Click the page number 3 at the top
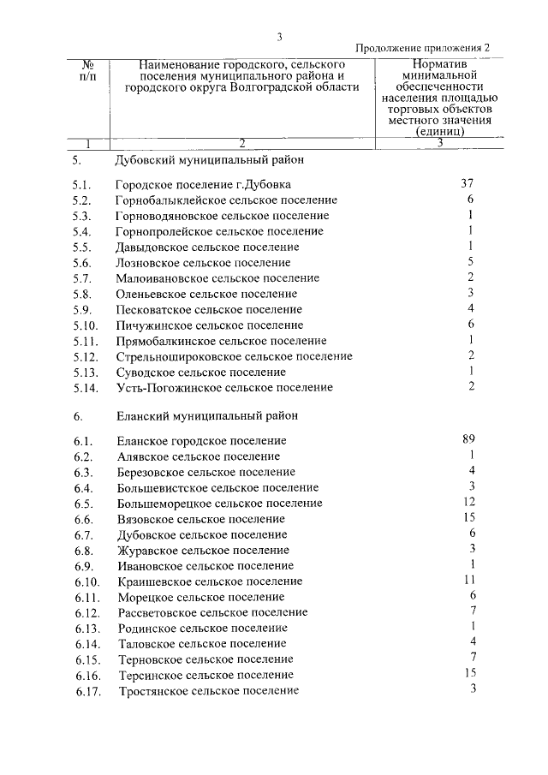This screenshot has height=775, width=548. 279,36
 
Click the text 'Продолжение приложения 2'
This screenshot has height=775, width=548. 423,49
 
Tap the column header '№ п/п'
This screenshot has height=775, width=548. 87,71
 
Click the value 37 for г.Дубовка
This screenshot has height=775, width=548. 467,183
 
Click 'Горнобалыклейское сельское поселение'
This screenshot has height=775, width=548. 226,200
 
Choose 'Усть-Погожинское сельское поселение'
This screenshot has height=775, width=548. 223,388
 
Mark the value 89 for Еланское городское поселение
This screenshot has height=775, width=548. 468,439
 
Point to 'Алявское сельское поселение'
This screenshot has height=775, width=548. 198,456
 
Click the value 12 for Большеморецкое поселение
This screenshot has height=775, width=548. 468,502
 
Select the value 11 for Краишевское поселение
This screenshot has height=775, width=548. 468,580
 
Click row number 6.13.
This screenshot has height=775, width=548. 86,628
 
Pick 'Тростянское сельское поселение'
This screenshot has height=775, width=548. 207,690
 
